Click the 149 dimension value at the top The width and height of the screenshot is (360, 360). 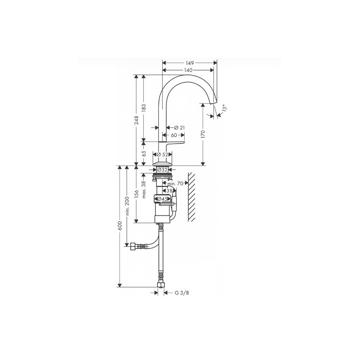(190, 63)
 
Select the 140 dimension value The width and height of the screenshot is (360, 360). (188, 70)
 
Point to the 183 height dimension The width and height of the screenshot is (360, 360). (143, 108)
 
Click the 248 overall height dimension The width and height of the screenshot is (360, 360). (136, 120)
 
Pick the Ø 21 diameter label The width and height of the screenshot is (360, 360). (179, 128)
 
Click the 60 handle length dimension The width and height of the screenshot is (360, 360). (174, 135)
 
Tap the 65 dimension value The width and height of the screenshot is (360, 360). (144, 154)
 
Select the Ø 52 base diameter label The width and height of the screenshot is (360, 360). (163, 154)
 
